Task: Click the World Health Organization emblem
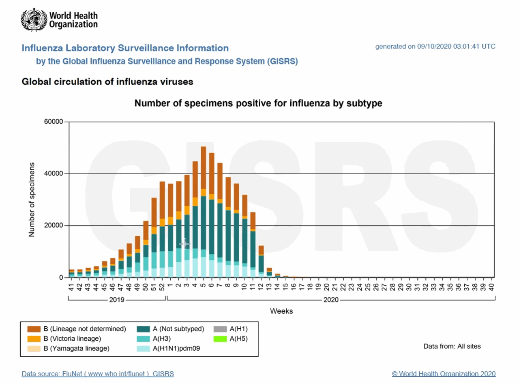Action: point(34,19)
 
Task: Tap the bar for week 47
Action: point(121,263)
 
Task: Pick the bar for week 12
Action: point(261,261)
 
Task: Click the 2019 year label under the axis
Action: point(117,300)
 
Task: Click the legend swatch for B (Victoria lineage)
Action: point(34,338)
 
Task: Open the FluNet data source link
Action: point(98,374)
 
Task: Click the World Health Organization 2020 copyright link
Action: point(444,374)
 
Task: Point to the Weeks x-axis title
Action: point(281,311)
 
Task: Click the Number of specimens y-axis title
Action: point(32,200)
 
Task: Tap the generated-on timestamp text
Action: point(435,47)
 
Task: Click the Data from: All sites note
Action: point(452,346)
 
